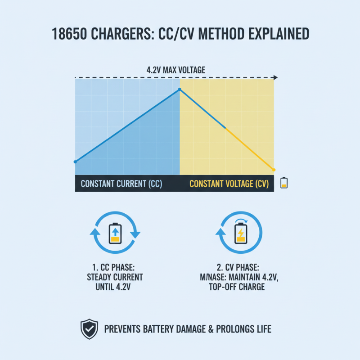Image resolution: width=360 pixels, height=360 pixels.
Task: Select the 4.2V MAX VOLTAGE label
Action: pos(176,70)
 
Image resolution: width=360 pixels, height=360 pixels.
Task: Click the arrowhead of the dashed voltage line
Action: pos(275,78)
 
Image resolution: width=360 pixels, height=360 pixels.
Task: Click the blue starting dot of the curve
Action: pos(75,161)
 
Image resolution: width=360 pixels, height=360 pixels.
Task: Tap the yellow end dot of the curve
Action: pos(274,169)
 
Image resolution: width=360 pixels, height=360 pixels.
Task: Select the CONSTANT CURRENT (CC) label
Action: pos(121,184)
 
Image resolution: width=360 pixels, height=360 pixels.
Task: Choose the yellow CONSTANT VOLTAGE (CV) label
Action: pos(228,184)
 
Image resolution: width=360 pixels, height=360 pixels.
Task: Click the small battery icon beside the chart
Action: pos(283,182)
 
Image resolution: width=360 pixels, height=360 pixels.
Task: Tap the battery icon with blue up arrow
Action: pos(115,233)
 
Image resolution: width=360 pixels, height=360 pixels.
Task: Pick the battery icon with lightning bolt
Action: pos(241,233)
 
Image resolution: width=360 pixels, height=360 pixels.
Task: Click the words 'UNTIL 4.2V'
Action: pos(115,287)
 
